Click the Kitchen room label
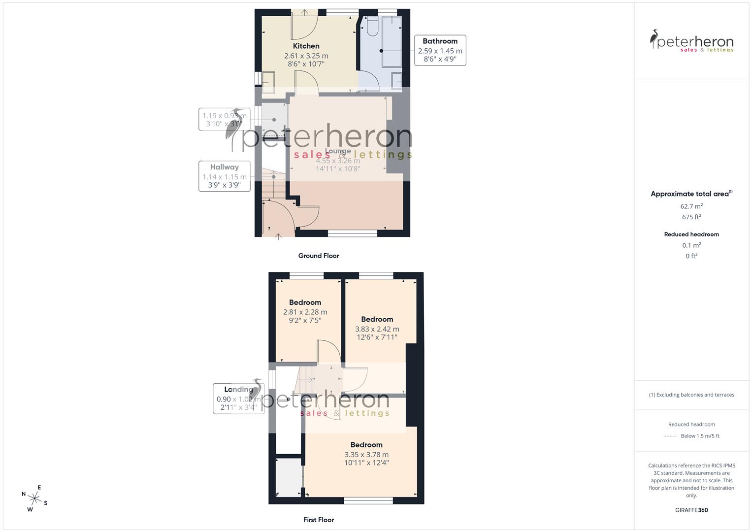click(306, 46)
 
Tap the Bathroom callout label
click(440, 41)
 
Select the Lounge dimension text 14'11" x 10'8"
click(338, 168)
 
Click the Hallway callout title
click(224, 167)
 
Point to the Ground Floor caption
click(319, 256)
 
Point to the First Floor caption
click(319, 520)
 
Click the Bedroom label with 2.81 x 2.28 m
click(305, 302)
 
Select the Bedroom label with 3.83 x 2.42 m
click(377, 319)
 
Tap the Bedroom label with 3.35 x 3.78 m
click(366, 445)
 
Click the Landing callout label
click(238, 389)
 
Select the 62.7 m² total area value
click(691, 206)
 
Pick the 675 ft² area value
click(691, 217)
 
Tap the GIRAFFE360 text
click(691, 510)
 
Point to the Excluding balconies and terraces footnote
click(691, 395)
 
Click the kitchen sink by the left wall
click(268, 82)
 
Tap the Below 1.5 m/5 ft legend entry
click(700, 436)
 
